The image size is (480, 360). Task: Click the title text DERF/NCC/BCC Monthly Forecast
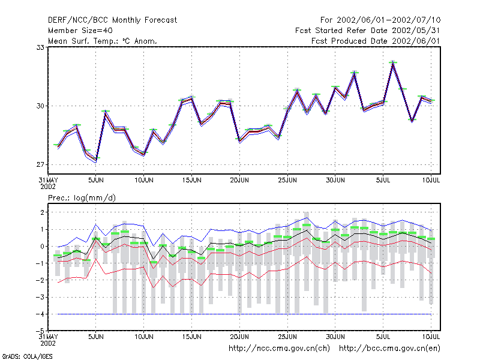(x=112, y=20)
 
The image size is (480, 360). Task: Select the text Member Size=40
(x=80, y=31)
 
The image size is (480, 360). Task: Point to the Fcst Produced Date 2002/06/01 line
(x=376, y=41)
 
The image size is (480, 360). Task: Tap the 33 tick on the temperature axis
(x=40, y=47)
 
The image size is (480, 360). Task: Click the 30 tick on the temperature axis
(x=40, y=106)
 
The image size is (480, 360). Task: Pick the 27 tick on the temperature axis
(x=40, y=164)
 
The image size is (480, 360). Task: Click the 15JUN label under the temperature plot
(x=191, y=180)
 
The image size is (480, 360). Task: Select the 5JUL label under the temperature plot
(x=383, y=180)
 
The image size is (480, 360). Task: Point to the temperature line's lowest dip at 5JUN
(x=96, y=160)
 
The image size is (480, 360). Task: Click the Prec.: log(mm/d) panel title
(x=82, y=198)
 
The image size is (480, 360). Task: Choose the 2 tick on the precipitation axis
(x=42, y=212)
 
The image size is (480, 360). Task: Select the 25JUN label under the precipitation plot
(x=287, y=337)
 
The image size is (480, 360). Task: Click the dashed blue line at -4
(x=244, y=314)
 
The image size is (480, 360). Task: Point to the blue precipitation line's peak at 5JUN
(x=95, y=224)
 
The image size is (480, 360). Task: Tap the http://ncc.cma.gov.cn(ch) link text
(x=279, y=349)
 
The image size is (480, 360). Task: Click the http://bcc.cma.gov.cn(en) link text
(x=389, y=349)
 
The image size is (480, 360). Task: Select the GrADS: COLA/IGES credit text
(x=27, y=356)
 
